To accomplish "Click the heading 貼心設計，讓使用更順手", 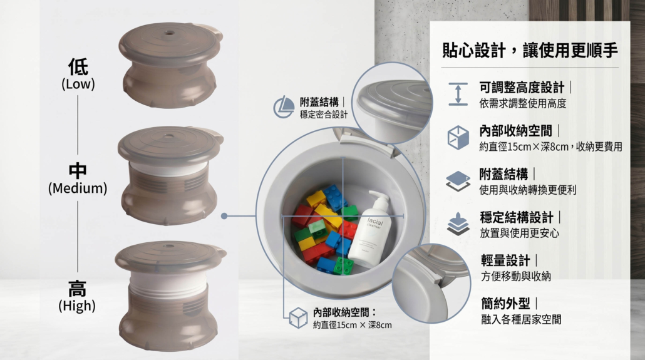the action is coord(530,50).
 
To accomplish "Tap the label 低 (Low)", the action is coord(78,74).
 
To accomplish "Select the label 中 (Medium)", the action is coord(78,178).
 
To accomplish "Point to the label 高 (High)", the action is coord(77,296).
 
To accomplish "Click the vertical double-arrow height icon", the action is coord(458,94).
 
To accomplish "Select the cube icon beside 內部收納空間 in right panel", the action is coord(458,137).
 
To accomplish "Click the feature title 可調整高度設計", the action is coord(522,87).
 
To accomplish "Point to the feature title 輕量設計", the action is coord(505,260).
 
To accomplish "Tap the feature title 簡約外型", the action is coord(505,304).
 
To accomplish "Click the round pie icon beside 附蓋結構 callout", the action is coord(284,107).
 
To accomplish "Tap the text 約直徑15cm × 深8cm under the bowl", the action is coord(352,325).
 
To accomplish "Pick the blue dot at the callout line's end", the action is coord(224,216).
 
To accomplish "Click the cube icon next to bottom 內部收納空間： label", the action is coord(298,317).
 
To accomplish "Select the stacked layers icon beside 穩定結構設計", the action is coord(458,224).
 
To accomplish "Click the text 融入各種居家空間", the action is coord(521,319).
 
